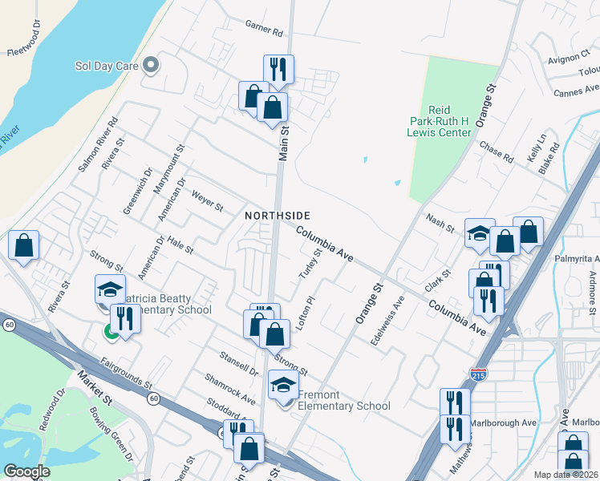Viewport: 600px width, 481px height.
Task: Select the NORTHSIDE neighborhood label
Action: coord(278,216)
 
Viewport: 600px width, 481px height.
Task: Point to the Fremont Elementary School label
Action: coord(344,400)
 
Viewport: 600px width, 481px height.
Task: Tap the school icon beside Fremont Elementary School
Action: coord(282,386)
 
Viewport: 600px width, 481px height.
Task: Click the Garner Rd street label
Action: coord(265,33)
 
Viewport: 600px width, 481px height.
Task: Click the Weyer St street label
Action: coord(207,201)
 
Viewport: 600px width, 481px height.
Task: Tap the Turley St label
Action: coord(310,262)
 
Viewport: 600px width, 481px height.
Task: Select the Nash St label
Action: coord(440,219)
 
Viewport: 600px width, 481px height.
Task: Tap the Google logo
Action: coord(26,471)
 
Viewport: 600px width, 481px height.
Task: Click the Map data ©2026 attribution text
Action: coord(566,475)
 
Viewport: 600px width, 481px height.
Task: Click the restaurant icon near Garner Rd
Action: coord(278,70)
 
